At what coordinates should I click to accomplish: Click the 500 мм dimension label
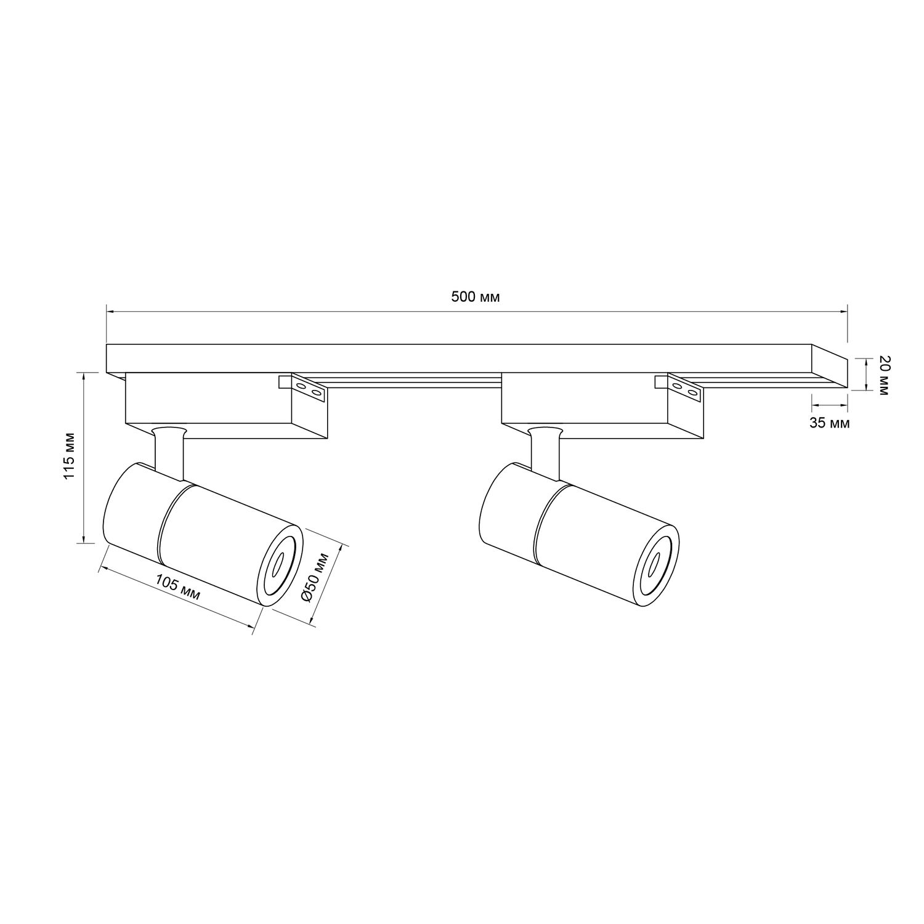pos(475,297)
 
